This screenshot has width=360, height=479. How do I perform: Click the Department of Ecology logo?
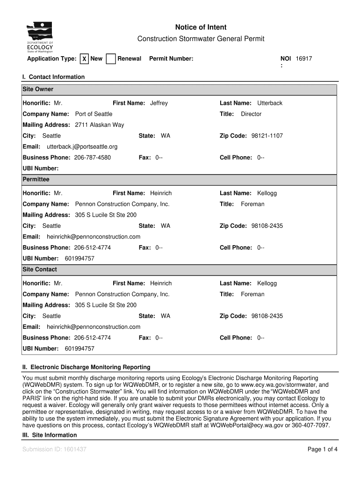click(40, 38)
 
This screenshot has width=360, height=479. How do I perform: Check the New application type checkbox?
click(84, 59)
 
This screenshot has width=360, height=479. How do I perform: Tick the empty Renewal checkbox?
click(111, 59)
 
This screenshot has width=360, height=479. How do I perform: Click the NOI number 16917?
click(304, 59)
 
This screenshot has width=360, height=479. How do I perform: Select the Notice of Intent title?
click(201, 28)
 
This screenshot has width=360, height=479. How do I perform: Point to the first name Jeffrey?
click(158, 103)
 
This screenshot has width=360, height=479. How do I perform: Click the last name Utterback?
click(270, 103)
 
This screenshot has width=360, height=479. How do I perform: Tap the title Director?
click(251, 114)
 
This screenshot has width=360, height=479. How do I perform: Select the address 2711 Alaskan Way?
click(100, 125)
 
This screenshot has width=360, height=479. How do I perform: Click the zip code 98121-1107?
click(267, 136)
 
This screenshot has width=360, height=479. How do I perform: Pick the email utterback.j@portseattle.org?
click(82, 147)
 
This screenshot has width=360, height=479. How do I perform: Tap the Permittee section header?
click(36, 180)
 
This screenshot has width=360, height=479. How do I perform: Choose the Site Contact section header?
click(40, 269)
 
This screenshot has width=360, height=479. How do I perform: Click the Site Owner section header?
click(38, 89)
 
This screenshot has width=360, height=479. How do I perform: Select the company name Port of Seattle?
click(94, 114)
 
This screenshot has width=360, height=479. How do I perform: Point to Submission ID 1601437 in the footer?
click(54, 450)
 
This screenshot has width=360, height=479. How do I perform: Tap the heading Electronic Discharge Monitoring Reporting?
click(86, 367)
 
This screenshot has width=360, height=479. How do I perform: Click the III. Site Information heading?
click(50, 435)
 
